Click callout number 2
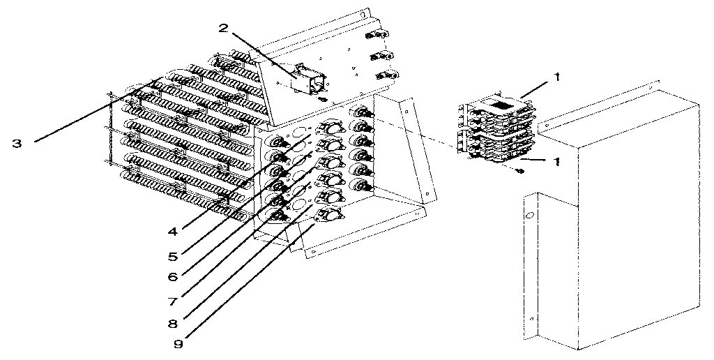pyautogui.click(x=223, y=28)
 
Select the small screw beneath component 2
pyautogui.click(x=320, y=100)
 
